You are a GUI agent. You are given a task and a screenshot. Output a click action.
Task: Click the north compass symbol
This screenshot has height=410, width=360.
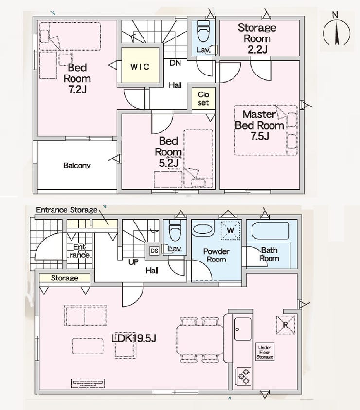tap(336, 30)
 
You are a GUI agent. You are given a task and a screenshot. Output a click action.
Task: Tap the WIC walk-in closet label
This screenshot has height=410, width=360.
tap(140, 67)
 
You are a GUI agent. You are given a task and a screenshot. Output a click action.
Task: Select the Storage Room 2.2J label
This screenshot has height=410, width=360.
tap(257, 38)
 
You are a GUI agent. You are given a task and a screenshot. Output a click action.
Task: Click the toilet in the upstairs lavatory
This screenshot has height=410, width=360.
tap(203, 31)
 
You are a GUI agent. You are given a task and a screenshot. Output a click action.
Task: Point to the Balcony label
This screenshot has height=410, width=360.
tap(77, 165)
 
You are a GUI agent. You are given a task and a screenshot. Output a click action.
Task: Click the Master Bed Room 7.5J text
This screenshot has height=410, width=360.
tap(259, 125)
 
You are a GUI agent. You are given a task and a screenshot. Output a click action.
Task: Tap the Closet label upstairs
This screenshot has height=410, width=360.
tap(203, 98)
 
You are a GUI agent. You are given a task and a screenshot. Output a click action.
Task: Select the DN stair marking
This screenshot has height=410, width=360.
tap(175, 63)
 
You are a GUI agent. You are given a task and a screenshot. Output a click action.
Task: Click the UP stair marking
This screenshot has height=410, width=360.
tap(133, 262)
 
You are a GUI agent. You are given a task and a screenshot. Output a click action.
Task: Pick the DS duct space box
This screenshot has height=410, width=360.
tap(154, 251)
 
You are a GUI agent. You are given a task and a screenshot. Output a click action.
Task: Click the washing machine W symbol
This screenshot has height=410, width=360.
tap(230, 231)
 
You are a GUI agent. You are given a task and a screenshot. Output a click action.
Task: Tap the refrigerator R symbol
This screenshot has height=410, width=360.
tap(286, 325)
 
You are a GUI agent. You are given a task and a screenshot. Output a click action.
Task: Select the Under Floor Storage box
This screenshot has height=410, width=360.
tap(265, 352)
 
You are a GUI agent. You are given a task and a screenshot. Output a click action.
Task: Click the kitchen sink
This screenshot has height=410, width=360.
tap(243, 329)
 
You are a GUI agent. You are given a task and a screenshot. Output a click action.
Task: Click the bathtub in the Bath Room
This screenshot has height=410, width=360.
tap(270, 231)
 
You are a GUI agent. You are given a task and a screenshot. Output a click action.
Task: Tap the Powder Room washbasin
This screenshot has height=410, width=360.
tap(203, 229)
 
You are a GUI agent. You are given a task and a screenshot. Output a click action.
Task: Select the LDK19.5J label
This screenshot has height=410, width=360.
tap(134, 338)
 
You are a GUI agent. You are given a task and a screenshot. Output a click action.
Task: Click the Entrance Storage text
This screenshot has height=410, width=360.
tap(67, 210)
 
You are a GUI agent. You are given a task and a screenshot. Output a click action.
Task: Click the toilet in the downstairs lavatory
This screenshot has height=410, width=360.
tap(175, 230)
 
